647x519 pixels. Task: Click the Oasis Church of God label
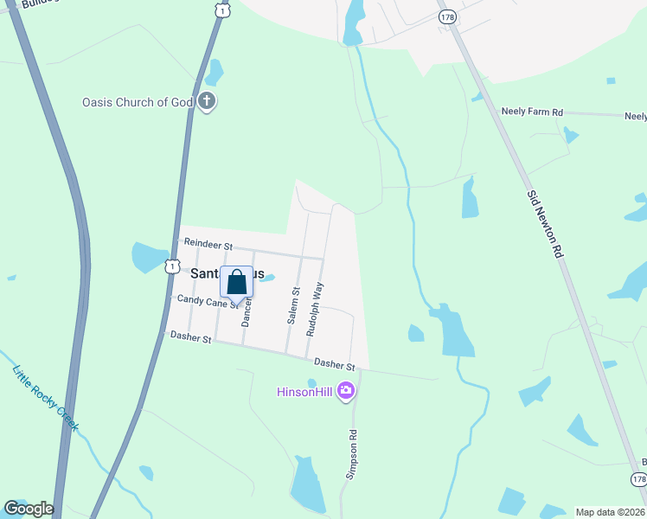tap(137, 102)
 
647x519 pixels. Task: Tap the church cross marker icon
tap(206, 102)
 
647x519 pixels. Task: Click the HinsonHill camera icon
tap(346, 392)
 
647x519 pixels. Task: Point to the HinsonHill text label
tap(305, 392)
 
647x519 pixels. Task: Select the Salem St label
tap(294, 306)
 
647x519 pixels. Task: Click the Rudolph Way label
tap(317, 309)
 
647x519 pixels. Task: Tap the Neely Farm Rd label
tap(532, 112)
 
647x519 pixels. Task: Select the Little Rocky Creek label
tap(45, 398)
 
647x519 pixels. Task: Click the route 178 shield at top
tap(447, 16)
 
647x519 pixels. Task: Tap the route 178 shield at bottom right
tap(637, 478)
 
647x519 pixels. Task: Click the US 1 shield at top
tap(224, 10)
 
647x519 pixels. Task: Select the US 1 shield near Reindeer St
tap(173, 266)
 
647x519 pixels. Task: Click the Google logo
tap(29, 508)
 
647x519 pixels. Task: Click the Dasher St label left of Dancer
tap(190, 336)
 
